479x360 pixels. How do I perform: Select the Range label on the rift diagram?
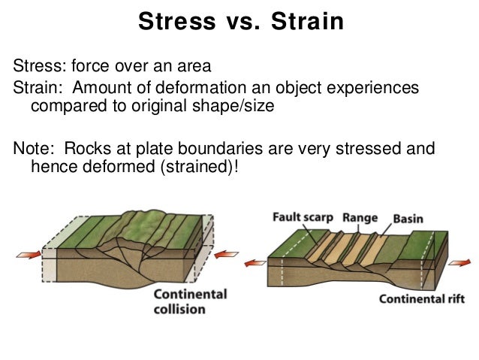(360, 219)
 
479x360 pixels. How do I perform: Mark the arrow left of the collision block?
(28, 256)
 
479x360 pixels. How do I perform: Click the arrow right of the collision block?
(225, 256)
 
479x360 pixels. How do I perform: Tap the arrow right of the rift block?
(459, 262)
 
